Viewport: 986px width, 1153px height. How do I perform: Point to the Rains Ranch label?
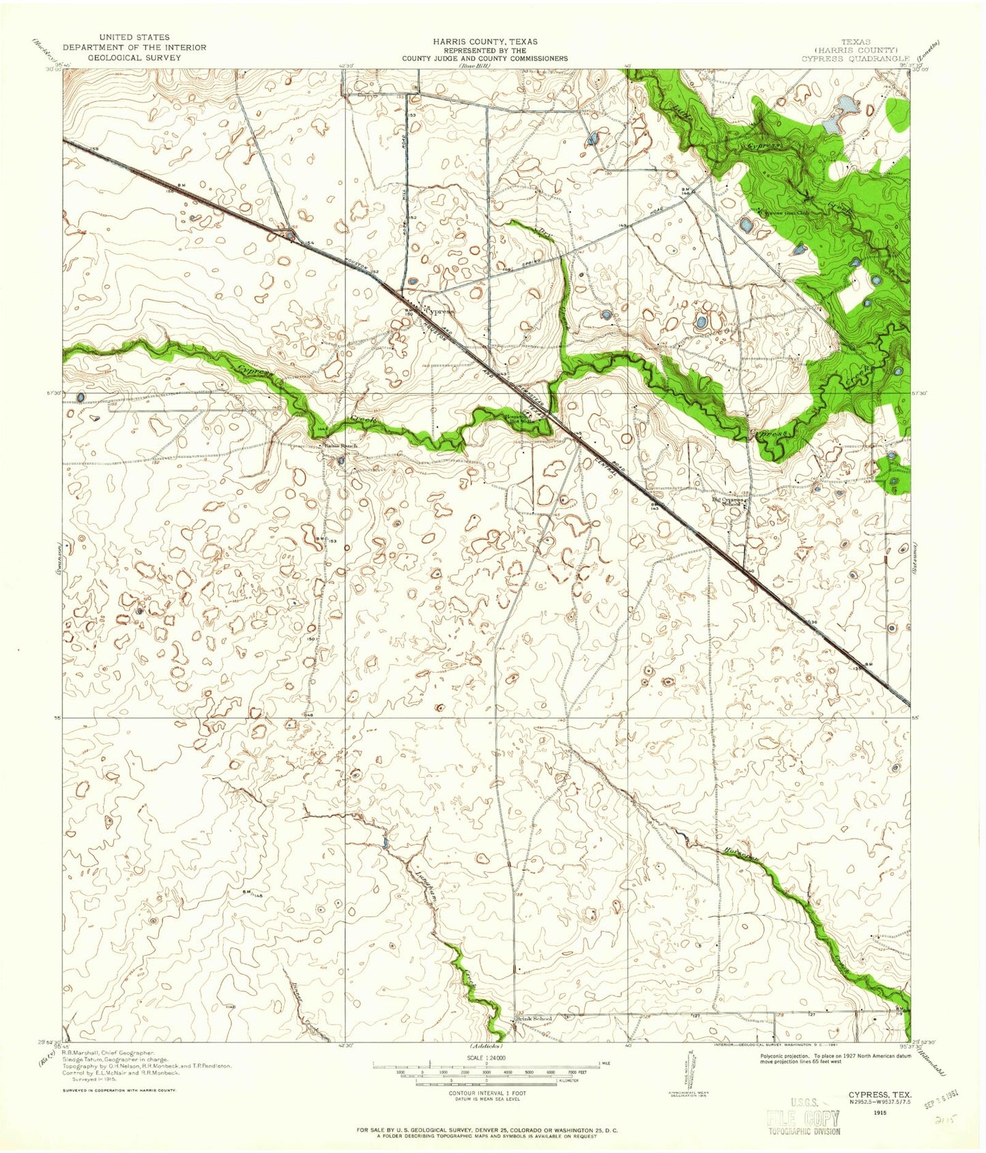[341, 446]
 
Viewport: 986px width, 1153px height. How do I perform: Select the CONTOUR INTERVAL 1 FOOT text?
[486, 1094]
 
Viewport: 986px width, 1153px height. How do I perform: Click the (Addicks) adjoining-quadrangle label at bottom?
[486, 1046]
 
